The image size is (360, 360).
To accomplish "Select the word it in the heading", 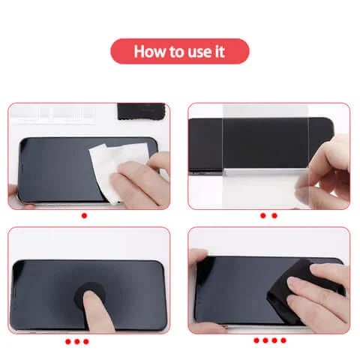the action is pos(219,52).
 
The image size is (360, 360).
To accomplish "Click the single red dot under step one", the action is pos(84,215).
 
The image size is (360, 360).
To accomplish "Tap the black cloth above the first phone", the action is pos(142,111).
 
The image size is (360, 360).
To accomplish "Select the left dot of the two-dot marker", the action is pos(263,215).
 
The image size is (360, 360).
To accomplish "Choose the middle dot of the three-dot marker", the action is pos(77,341).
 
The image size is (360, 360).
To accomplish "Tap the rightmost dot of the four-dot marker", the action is pos(283,340).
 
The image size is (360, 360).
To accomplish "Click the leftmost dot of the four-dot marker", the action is pos(256,340).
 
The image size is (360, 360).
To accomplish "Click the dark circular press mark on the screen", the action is pos(89,295).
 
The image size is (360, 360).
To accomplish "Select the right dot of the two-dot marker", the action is pos(274,215).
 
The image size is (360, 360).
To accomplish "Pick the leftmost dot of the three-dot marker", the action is pos(67,341).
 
